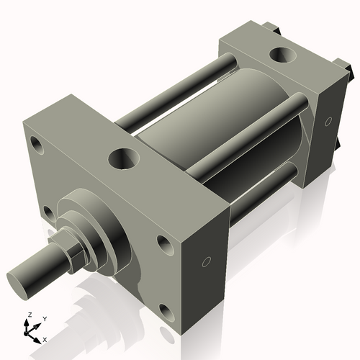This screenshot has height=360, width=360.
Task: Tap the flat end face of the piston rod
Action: click(x=19, y=278)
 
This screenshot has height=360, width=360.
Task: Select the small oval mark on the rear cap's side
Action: click(x=328, y=121)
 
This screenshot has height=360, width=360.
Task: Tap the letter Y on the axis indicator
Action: click(x=44, y=318)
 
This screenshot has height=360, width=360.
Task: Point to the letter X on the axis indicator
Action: click(x=45, y=338)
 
